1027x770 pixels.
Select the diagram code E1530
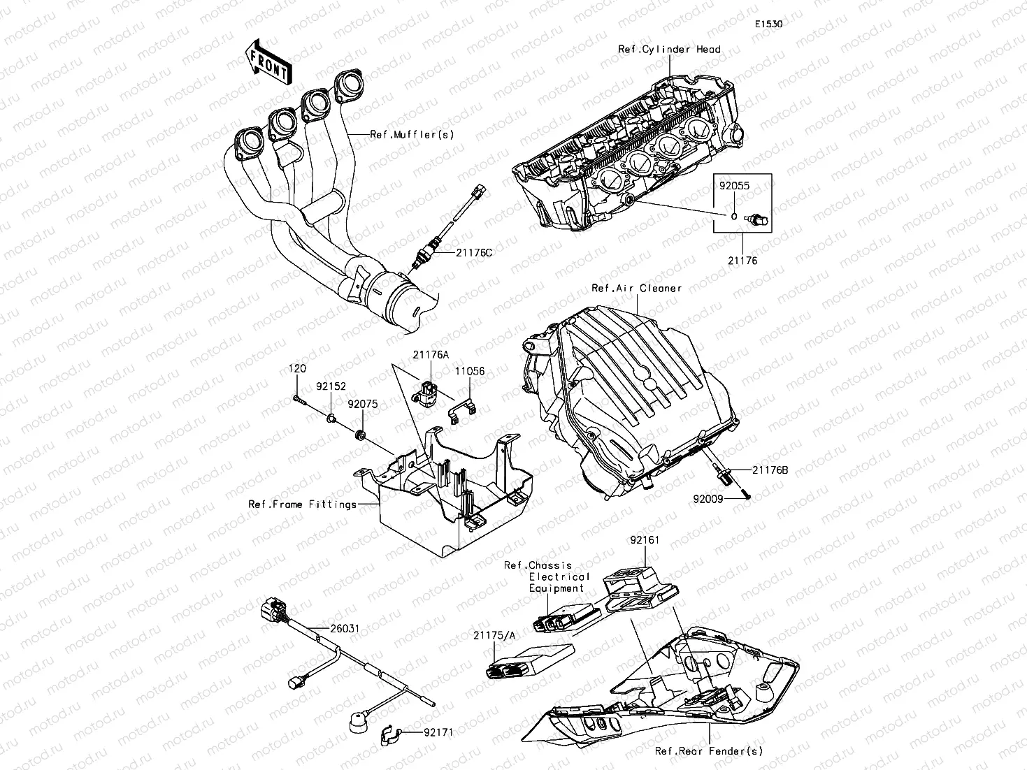(x=768, y=24)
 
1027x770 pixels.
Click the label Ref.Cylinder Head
(x=669, y=50)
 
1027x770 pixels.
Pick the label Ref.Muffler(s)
(x=412, y=134)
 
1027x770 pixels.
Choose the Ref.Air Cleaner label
(x=637, y=288)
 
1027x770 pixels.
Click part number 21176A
(x=430, y=354)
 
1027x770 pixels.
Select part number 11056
(x=471, y=372)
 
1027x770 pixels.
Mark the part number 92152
(x=330, y=385)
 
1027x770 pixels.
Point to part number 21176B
(x=770, y=470)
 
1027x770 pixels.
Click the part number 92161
(x=644, y=540)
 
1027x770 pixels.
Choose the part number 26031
(x=345, y=629)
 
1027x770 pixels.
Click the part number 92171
(x=438, y=733)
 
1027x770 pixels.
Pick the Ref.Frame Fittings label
(x=302, y=504)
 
